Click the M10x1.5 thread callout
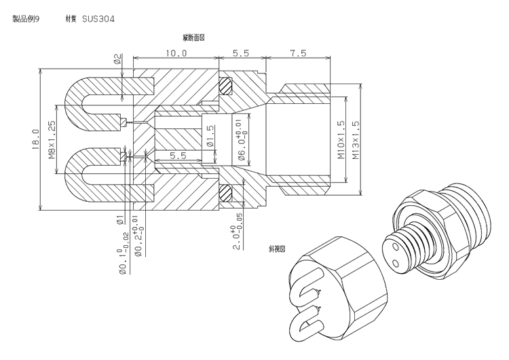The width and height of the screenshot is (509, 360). coord(341,139)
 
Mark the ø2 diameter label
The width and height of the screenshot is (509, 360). coord(117,59)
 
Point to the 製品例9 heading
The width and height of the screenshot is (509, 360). coord(26,19)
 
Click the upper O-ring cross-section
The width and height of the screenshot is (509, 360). coord(225,86)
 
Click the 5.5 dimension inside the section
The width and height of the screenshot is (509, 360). coord(178,156)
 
